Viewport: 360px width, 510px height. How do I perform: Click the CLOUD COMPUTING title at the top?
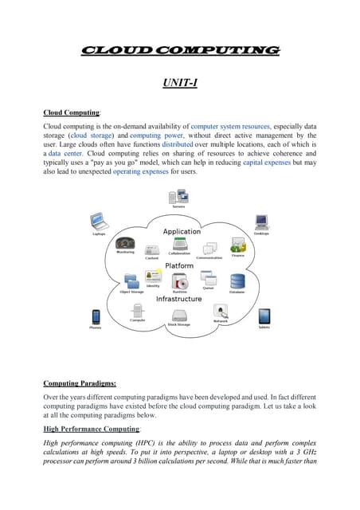coord(180,50)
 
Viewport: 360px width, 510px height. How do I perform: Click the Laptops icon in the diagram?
coord(98,221)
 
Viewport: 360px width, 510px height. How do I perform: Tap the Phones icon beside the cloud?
coord(96,316)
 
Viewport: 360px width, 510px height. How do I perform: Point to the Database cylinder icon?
coord(237,281)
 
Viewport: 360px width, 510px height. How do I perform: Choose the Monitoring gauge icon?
coord(125,242)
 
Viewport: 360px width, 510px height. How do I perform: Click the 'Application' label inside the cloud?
coord(182,232)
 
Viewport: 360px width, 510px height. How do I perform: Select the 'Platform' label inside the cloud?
coord(179,265)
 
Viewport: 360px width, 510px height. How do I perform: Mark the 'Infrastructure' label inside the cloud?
coord(178,299)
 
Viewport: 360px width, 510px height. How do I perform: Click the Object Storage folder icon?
coord(131,282)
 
